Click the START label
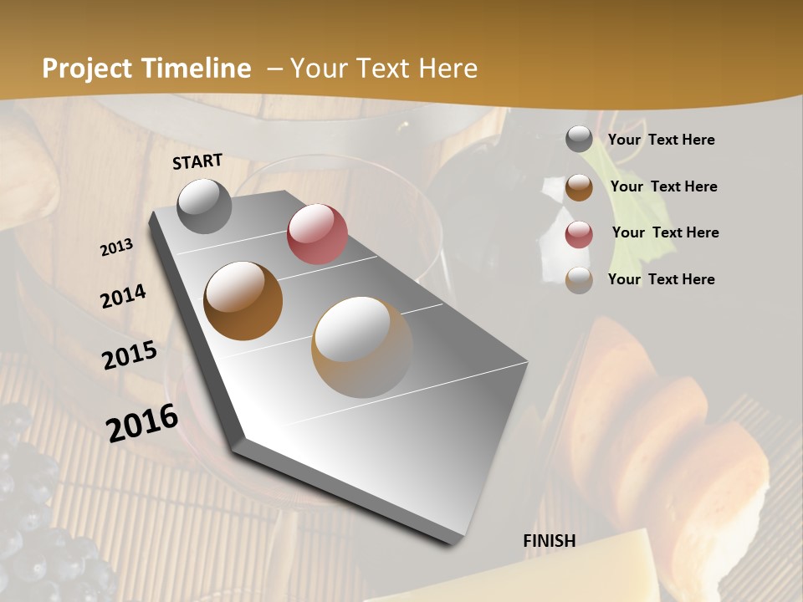pyautogui.click(x=197, y=161)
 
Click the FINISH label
pyautogui.click(x=550, y=541)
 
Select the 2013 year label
pyautogui.click(x=117, y=247)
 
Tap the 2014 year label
pyautogui.click(x=124, y=296)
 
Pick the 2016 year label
pyautogui.click(x=142, y=422)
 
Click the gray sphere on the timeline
pyautogui.click(x=205, y=206)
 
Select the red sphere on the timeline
pyautogui.click(x=317, y=234)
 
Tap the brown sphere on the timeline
pyautogui.click(x=243, y=301)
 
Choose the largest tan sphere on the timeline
pyautogui.click(x=362, y=346)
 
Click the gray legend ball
pyautogui.click(x=579, y=139)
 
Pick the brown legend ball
pyautogui.click(x=579, y=186)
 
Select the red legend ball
pyautogui.click(x=579, y=233)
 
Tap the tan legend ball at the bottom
pyautogui.click(x=579, y=280)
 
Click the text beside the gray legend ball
pyautogui.click(x=661, y=140)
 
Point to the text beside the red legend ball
pyautogui.click(x=665, y=232)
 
